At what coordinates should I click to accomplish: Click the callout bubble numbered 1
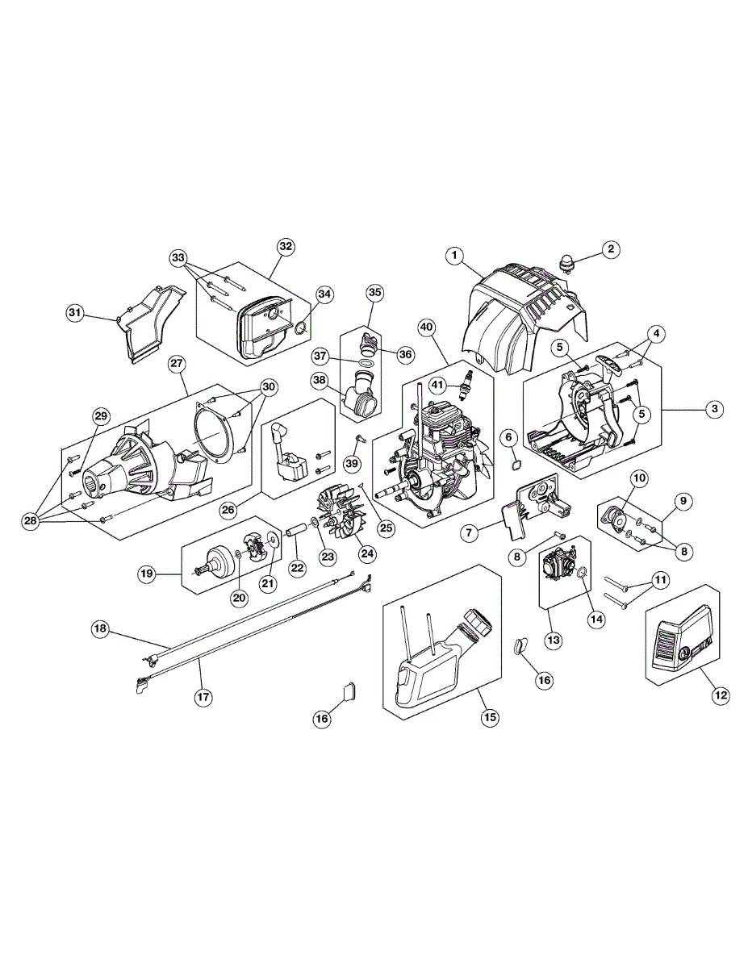pyautogui.click(x=456, y=256)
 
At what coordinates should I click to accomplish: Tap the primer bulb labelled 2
pyautogui.click(x=566, y=263)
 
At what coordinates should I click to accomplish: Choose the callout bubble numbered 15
pyautogui.click(x=489, y=716)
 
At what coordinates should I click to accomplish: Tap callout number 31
pyautogui.click(x=74, y=312)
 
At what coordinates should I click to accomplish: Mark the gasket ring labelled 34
pyautogui.click(x=301, y=328)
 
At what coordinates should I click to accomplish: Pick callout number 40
pyautogui.click(x=427, y=327)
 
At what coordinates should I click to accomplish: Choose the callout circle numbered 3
pyautogui.click(x=714, y=409)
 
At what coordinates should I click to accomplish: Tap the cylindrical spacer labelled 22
pyautogui.click(x=295, y=537)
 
